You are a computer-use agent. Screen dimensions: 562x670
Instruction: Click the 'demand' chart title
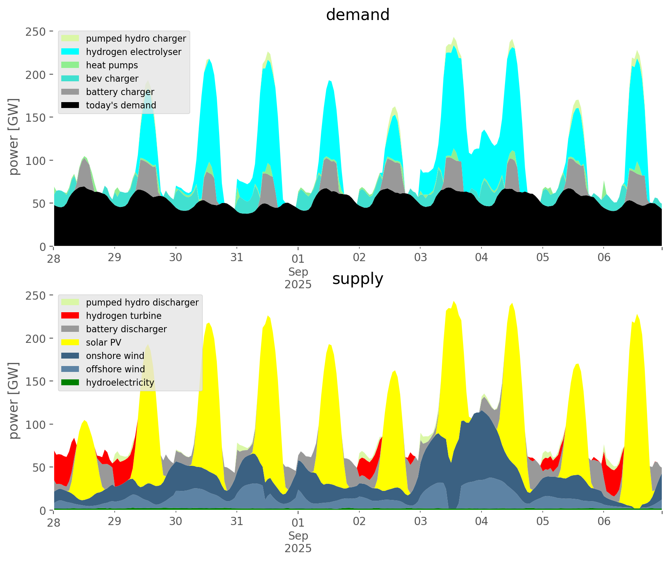[x=357, y=15]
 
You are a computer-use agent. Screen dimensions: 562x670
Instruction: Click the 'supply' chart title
[x=357, y=279]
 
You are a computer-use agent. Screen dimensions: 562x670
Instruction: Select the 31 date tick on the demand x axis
[x=237, y=258]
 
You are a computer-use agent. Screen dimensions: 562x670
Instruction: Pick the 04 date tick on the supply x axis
[x=481, y=522]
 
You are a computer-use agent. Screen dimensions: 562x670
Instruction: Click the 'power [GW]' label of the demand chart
[x=14, y=137]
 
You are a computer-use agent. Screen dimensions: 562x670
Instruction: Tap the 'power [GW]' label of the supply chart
[x=14, y=401]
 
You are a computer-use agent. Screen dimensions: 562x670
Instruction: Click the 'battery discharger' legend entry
[x=126, y=329]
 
